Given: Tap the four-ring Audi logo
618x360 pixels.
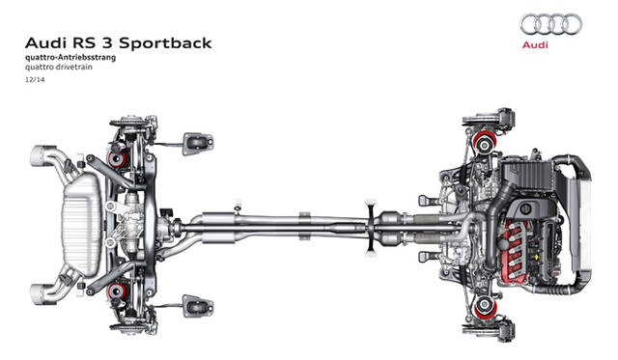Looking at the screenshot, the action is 551,24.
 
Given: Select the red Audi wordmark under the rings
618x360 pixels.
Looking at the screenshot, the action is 535,45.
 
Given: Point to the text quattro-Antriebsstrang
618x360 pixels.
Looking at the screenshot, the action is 70,58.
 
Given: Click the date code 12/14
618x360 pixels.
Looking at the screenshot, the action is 35,79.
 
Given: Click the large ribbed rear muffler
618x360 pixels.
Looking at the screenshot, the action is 82,224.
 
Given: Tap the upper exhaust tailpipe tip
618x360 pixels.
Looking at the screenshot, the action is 41,155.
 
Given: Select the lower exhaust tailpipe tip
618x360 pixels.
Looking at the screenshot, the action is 41,293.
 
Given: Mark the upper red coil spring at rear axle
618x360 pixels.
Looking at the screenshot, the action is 118,158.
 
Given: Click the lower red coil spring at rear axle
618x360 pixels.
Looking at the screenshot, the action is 118,291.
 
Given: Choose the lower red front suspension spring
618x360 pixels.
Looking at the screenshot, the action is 485,308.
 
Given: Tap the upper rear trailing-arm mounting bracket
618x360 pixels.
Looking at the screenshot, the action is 198,144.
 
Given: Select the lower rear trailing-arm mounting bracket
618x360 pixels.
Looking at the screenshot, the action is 198,306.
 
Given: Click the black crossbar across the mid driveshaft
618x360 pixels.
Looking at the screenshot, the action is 371,228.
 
